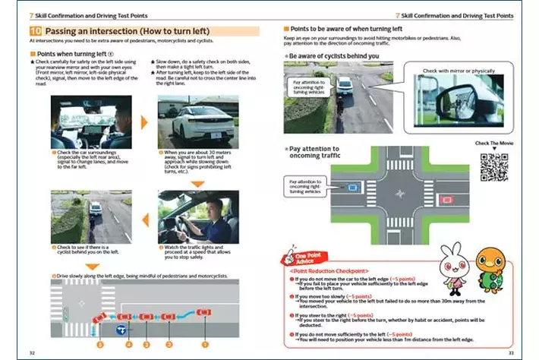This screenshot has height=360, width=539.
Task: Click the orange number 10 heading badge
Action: click(37, 31)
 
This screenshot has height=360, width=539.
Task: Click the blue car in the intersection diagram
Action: click(353, 186)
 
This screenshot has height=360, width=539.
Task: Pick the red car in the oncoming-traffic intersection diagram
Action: click(446, 200)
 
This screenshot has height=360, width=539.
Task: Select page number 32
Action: click(31, 352)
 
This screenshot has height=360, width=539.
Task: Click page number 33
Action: click(511, 352)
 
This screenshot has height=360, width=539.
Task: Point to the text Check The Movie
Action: click(491, 144)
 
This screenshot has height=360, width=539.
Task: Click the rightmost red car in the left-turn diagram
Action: click(204, 313)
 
